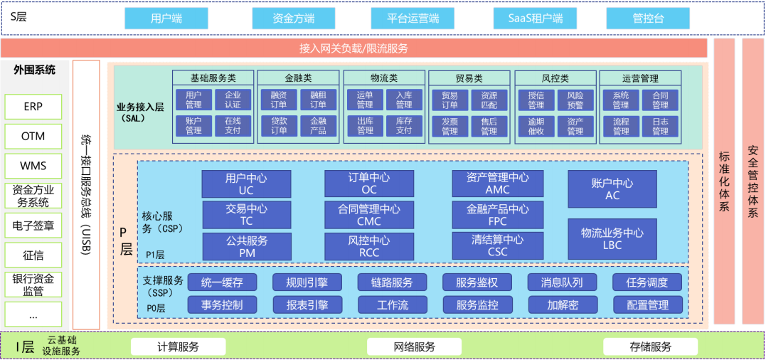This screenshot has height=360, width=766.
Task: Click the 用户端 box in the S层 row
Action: tap(166, 18)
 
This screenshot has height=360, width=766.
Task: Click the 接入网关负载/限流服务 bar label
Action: tap(353, 48)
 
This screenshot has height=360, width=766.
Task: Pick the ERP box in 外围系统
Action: tap(33, 107)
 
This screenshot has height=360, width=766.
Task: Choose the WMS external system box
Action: tap(33, 166)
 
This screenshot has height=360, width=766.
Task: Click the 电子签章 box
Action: tap(33, 226)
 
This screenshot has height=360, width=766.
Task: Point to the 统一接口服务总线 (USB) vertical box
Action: tap(86, 194)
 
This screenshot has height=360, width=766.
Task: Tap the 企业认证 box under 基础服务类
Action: tap(233, 100)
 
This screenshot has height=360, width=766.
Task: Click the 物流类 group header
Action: tap(383, 78)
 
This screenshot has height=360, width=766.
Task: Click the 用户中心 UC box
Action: tap(246, 184)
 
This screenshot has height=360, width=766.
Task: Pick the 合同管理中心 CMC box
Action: tap(369, 215)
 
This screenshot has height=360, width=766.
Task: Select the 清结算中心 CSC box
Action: tap(497, 245)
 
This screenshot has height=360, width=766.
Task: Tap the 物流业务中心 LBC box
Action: tap(612, 238)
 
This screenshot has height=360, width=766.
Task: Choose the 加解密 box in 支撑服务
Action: tap(563, 305)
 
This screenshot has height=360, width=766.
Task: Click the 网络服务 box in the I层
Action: tap(414, 347)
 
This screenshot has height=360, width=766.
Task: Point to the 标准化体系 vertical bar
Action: tap(724, 181)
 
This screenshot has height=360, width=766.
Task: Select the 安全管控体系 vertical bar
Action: tap(752, 181)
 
